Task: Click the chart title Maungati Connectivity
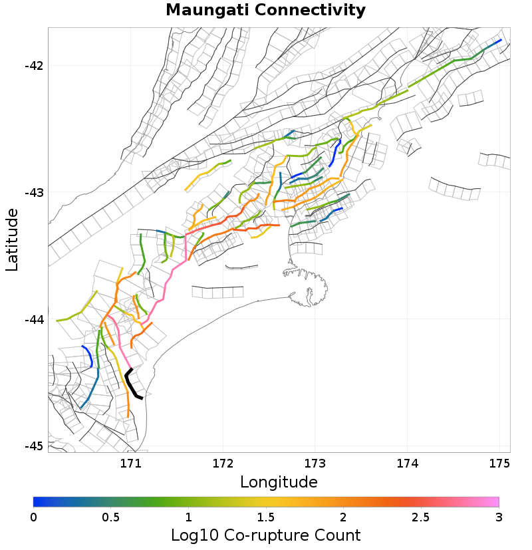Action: (265, 11)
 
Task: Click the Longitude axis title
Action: (279, 481)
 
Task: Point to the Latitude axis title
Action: (12, 239)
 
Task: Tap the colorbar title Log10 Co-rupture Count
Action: (266, 535)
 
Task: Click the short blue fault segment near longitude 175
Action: (493, 45)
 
